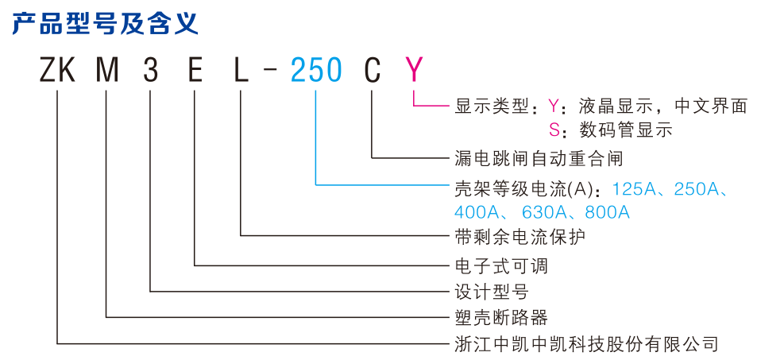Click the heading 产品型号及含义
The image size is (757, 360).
coord(103,23)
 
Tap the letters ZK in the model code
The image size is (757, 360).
coord(57,72)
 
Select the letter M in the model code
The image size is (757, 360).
coord(107,72)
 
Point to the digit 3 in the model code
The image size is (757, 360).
coord(151,72)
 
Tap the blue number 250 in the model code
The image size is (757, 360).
coord(316,72)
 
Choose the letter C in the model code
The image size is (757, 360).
coord(372,72)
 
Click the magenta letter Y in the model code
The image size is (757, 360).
coord(414,72)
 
